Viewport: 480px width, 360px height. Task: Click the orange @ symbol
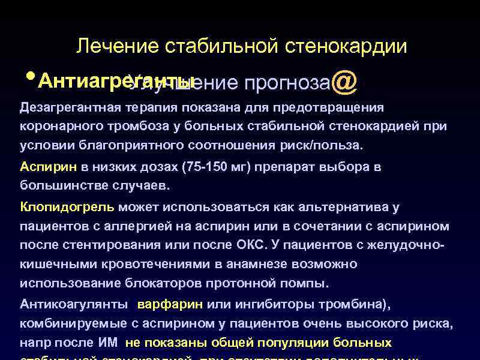click(x=343, y=82)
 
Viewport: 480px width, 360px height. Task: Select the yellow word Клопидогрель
click(x=67, y=207)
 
